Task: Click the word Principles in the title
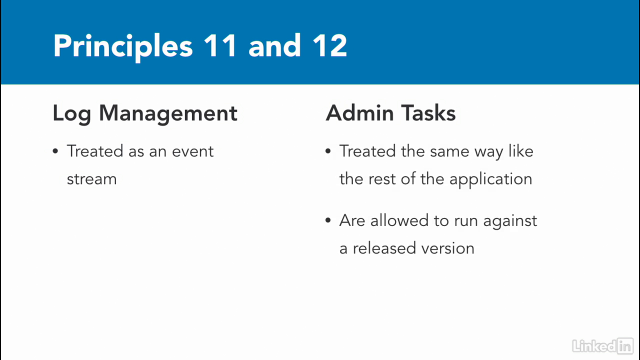point(123,47)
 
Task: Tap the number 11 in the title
point(220,45)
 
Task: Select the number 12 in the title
point(330,45)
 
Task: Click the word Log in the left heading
point(71,114)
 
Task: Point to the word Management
point(168,114)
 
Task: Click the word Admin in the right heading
point(359,113)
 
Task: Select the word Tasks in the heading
point(428,113)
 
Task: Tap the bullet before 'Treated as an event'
point(55,151)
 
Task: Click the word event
point(193,151)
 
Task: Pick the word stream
point(91,179)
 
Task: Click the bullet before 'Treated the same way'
point(328,151)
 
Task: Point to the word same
point(449,151)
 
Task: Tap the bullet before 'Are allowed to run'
point(328,220)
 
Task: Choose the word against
point(510,221)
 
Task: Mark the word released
point(384,248)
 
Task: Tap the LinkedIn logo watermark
point(603,346)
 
